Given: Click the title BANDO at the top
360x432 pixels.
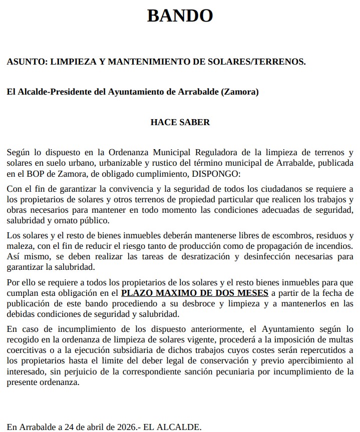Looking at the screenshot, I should [180, 16].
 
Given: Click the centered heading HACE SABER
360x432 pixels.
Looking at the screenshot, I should [180, 122].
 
